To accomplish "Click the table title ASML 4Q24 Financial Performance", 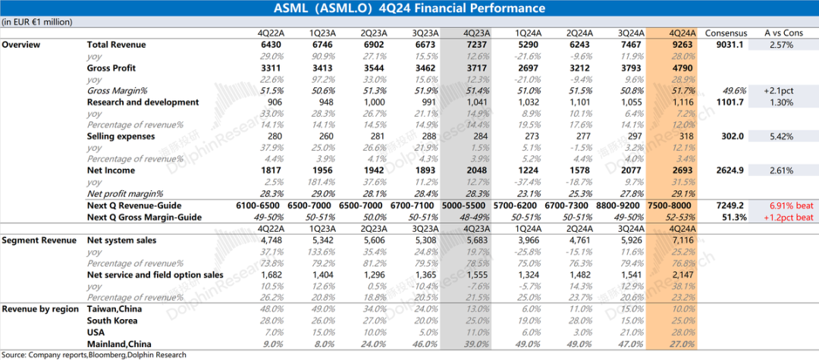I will tap(409, 8).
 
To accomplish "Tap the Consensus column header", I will tap(726, 33).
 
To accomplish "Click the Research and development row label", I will tap(143, 102).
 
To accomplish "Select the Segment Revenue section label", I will tap(39, 240).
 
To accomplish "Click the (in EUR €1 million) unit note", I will tap(37, 22).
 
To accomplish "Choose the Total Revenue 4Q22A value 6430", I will tap(271, 45).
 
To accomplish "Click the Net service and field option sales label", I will tap(155, 275).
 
